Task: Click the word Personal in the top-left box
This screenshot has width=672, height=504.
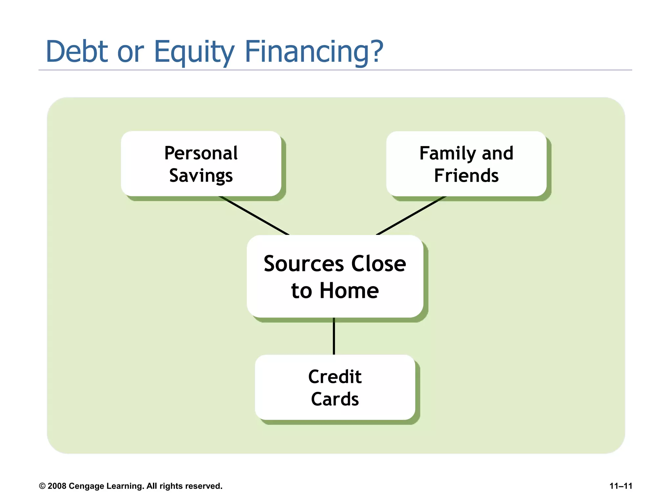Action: [x=201, y=153]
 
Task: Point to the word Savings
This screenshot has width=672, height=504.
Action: [x=201, y=176]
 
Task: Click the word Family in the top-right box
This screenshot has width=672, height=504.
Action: [x=448, y=154]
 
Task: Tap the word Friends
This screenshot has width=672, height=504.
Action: [x=466, y=176]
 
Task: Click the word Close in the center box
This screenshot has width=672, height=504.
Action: [x=379, y=264]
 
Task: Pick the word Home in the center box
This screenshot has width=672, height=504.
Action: [x=349, y=291]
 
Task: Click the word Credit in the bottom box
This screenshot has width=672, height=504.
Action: [x=335, y=377]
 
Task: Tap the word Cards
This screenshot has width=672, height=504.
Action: [x=335, y=399]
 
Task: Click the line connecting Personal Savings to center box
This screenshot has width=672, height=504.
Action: [x=254, y=216]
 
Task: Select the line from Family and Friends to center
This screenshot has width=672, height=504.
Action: [x=411, y=216]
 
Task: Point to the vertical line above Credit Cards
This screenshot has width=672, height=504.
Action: [x=334, y=336]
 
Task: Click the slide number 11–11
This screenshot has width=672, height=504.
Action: [x=620, y=486]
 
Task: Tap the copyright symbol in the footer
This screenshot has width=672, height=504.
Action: [x=42, y=486]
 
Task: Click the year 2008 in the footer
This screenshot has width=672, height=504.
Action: [x=57, y=486]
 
